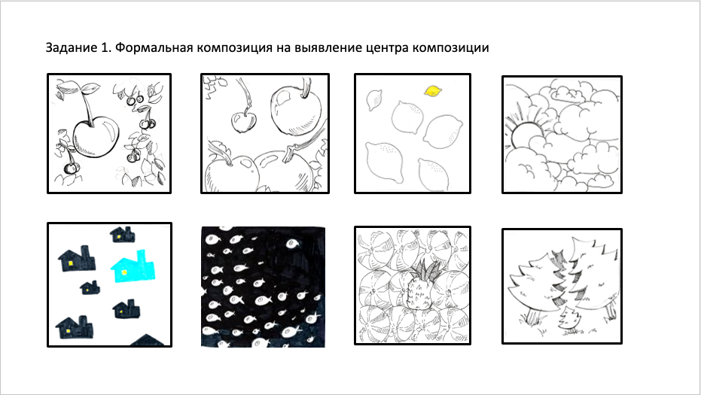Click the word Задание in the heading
70,48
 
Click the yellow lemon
433,91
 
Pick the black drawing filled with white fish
263,285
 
